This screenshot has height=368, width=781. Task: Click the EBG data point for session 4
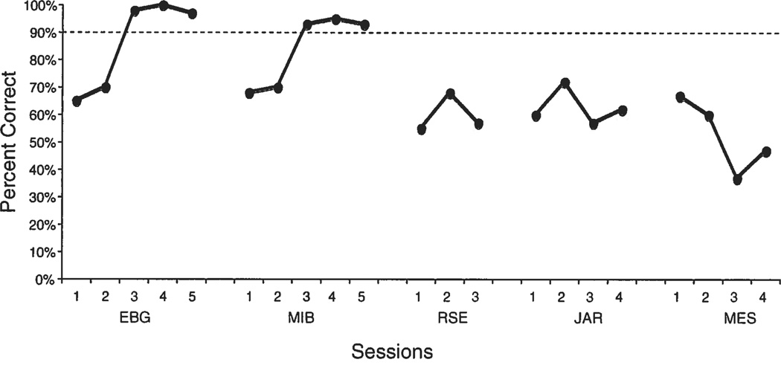pyautogui.click(x=164, y=6)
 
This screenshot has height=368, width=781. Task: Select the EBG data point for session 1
pyautogui.click(x=77, y=101)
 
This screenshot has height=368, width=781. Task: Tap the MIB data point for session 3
pyautogui.click(x=307, y=25)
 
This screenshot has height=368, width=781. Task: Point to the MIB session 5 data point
pyautogui.click(x=364, y=25)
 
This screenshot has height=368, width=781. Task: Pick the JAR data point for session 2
pyautogui.click(x=565, y=83)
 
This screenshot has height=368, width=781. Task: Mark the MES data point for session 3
pyautogui.click(x=737, y=180)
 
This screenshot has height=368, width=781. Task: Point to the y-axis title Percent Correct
pyautogui.click(x=10, y=141)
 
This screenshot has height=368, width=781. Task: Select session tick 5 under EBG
pyautogui.click(x=191, y=297)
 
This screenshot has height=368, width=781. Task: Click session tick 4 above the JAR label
pyautogui.click(x=623, y=297)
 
